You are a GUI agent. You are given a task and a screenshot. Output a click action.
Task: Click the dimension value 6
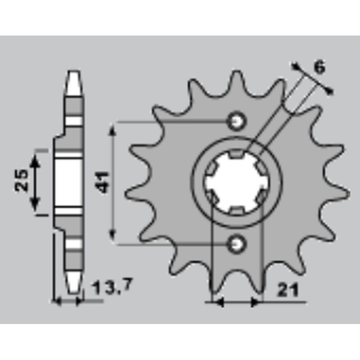click(x=319, y=67)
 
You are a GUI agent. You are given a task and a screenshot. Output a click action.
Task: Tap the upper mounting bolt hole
click(x=237, y=121)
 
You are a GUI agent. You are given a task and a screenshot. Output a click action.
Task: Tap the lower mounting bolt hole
click(x=237, y=244)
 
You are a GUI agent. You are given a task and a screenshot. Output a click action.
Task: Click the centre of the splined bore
click(x=237, y=182)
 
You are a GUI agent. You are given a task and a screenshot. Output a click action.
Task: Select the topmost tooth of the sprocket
click(x=238, y=77)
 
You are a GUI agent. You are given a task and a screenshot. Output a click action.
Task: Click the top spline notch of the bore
click(x=237, y=154)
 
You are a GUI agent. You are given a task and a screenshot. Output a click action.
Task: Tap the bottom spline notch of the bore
click(x=237, y=210)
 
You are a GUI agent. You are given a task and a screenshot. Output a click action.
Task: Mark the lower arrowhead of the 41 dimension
click(x=114, y=238)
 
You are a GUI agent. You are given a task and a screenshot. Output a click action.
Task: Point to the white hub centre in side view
click(x=70, y=182)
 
